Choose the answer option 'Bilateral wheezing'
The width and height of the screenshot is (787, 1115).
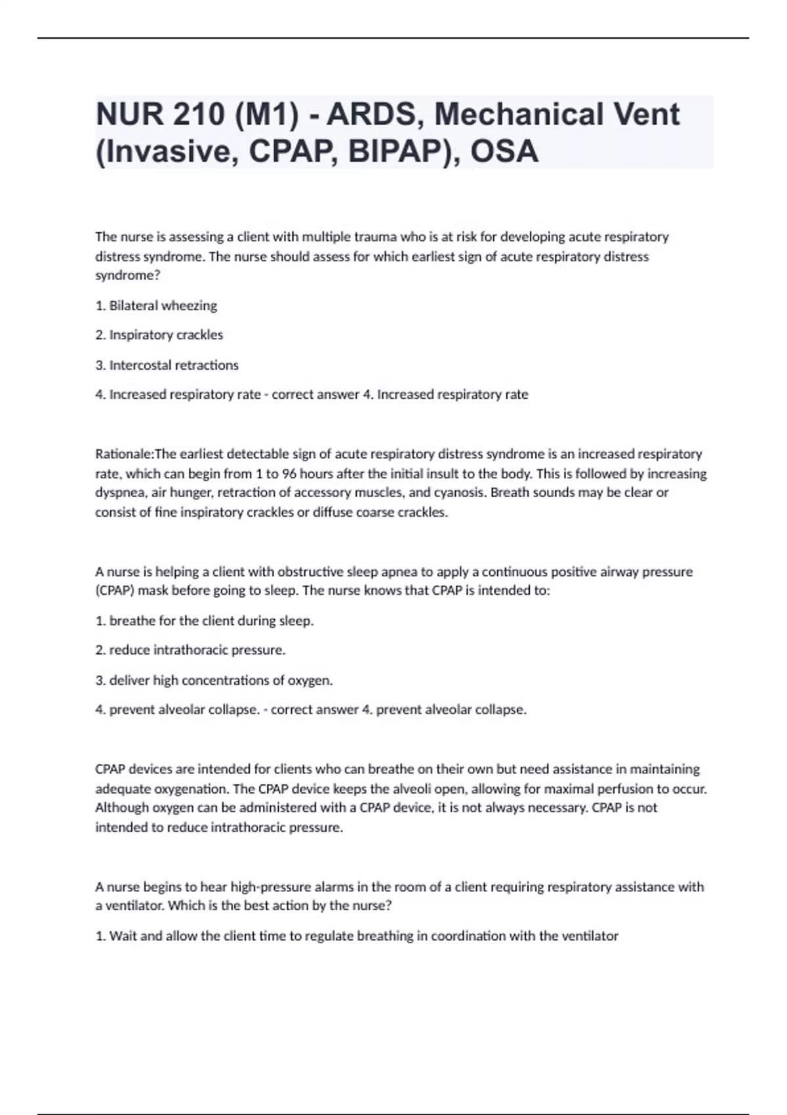[x=163, y=306]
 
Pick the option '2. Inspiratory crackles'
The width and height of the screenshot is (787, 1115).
[x=159, y=335]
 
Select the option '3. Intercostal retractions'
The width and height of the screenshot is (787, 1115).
[x=167, y=365]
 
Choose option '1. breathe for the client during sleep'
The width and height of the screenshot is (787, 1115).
[x=205, y=620]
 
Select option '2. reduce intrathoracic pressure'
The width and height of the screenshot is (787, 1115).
[x=190, y=650]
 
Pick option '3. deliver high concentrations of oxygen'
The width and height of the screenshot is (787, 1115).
[x=214, y=680]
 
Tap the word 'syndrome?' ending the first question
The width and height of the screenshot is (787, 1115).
[x=128, y=275]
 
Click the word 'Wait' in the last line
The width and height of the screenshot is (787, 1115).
[x=123, y=936]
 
